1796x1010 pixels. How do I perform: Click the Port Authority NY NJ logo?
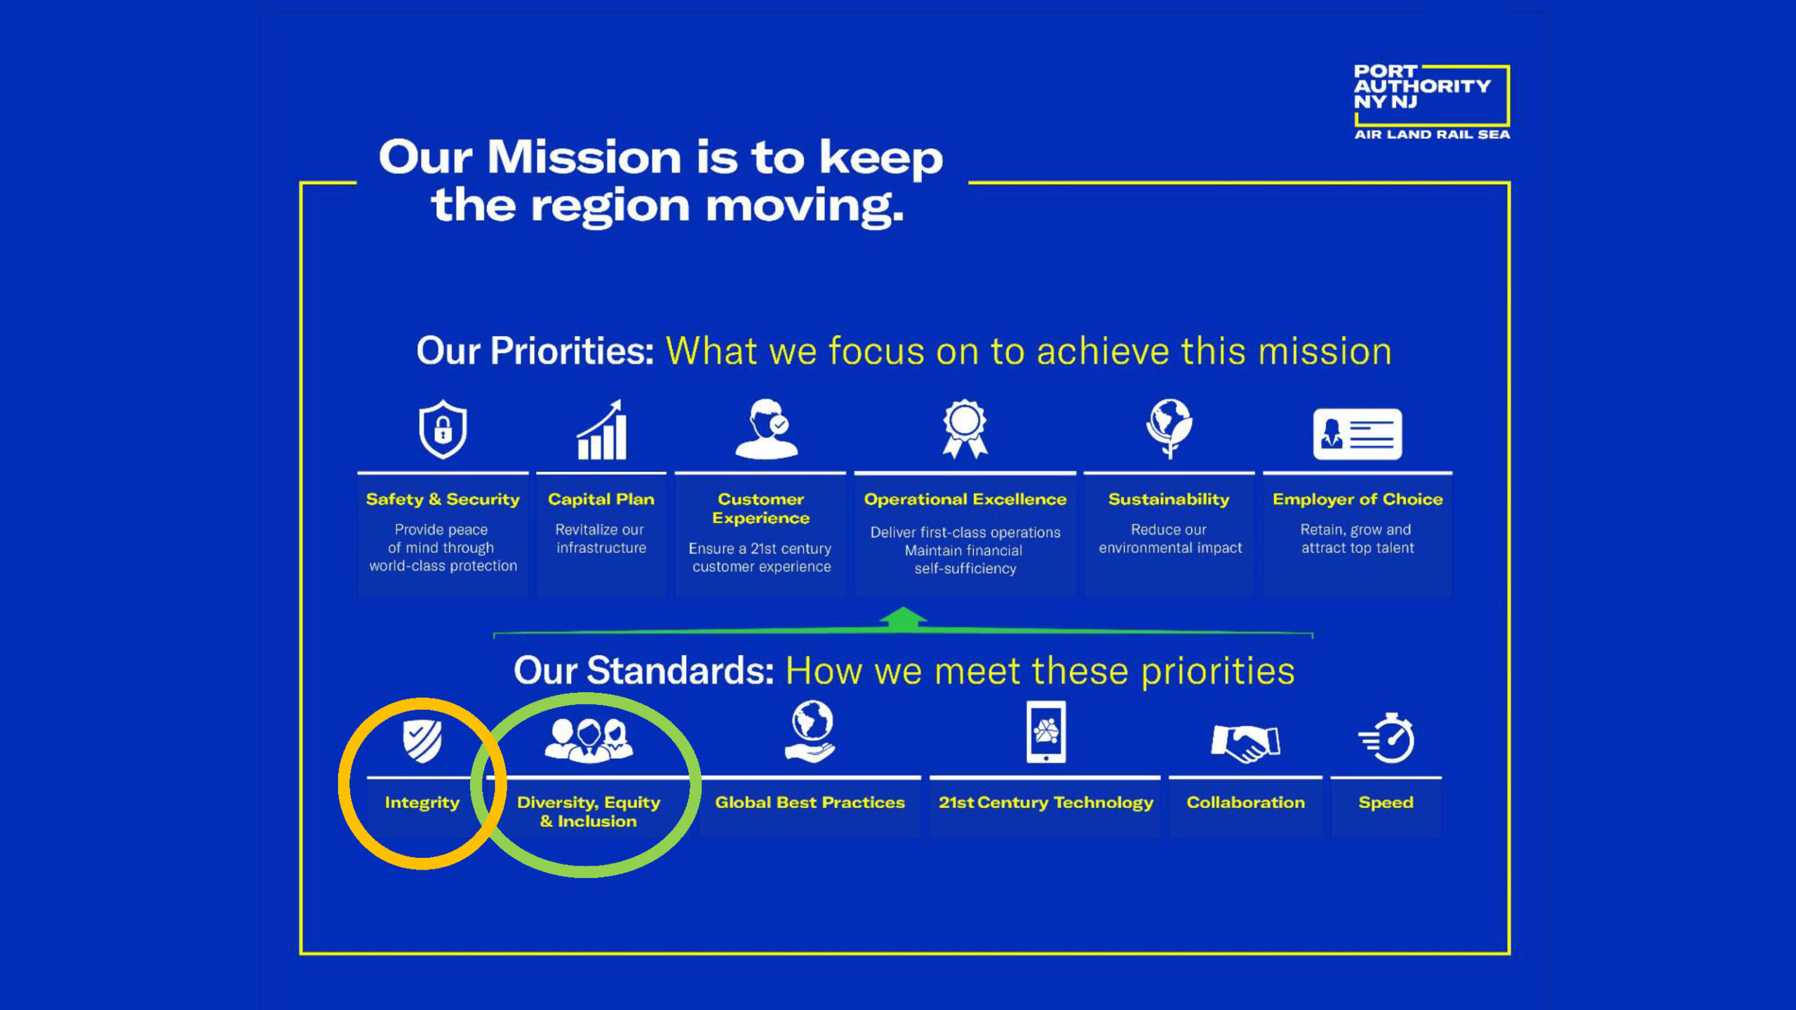1431,102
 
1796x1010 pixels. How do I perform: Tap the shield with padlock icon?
443,429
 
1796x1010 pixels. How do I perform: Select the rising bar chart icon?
602,429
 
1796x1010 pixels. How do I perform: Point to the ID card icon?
1358,434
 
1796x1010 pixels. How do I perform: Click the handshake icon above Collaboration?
1246,743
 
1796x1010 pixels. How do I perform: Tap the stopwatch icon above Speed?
1387,738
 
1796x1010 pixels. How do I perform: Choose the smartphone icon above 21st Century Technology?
1046,732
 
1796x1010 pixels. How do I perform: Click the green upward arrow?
903,619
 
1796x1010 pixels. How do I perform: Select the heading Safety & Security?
443,499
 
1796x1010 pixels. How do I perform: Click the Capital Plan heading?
601,499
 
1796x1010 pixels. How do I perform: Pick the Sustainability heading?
1169,499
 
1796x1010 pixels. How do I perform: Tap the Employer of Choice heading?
1358,499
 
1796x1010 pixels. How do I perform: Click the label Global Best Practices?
810,802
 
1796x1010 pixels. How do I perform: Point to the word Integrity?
422,803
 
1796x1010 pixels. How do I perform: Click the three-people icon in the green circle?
589,740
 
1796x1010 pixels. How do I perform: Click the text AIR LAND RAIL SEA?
1432,134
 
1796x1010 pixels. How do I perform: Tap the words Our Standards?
644,671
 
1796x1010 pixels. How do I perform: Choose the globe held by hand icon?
810,732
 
